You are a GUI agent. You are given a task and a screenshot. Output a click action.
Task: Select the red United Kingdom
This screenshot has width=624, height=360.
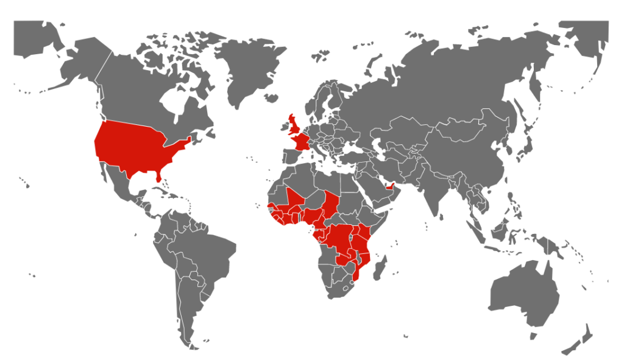(x=294, y=126)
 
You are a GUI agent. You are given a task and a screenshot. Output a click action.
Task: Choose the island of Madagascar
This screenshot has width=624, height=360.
(x=380, y=268)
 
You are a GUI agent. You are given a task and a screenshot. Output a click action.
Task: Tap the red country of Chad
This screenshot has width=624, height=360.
(x=330, y=204)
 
